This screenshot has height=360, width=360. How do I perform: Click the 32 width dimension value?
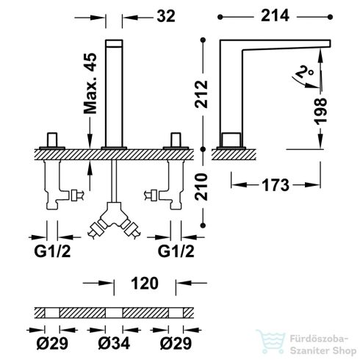coord(166,16)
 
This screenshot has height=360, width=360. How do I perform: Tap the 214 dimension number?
coord(275,15)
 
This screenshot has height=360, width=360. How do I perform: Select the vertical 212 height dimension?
coord(201,94)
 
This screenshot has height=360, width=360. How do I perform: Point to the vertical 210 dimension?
coord(201,187)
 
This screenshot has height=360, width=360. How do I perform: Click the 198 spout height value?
coord(320,112)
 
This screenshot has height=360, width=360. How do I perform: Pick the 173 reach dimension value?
coord(276,185)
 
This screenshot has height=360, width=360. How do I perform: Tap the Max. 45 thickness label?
coord(90,84)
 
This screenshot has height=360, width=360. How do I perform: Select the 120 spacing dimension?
coord(145,284)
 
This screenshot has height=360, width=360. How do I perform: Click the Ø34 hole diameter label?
coord(114,343)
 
